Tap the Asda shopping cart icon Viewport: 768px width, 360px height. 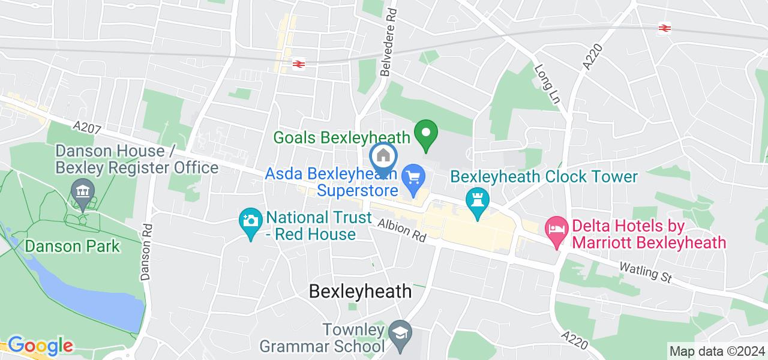coord(413,178)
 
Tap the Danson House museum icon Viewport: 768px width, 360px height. coord(80,192)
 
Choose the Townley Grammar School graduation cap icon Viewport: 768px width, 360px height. coord(398,331)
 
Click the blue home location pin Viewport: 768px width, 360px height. coord(383,157)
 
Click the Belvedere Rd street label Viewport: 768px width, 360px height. coord(389,41)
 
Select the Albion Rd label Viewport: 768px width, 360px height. coord(401,230)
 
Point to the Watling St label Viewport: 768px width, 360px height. coord(646,272)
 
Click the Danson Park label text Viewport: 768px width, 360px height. coord(72,246)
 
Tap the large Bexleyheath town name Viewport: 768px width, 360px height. coord(360,292)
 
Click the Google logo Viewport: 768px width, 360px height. coord(40,346)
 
